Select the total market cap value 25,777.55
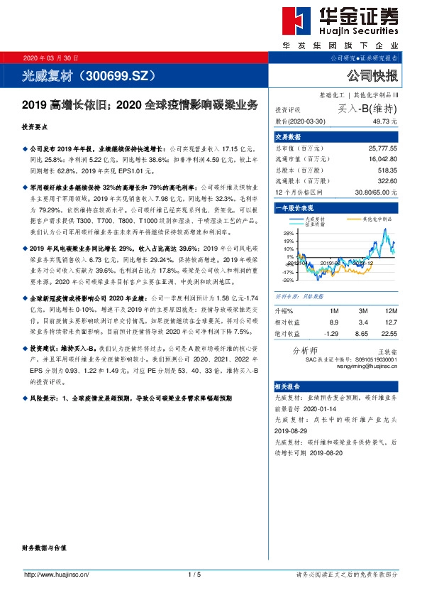pyautogui.click(x=383, y=147)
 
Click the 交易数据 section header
pyautogui.click(x=288, y=136)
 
